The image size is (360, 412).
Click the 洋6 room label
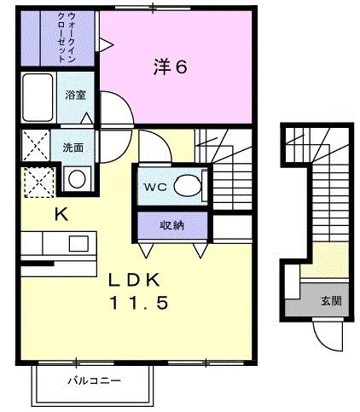[x=170, y=67]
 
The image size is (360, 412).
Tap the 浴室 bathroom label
[x=75, y=96]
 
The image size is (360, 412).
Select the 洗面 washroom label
[x=73, y=146]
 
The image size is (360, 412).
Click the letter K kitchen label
[x=61, y=215]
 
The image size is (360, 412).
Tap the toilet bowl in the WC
[x=187, y=186]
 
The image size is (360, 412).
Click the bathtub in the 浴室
[x=38, y=99]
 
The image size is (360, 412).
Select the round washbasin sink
[x=77, y=179]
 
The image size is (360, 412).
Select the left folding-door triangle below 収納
[x=147, y=250]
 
